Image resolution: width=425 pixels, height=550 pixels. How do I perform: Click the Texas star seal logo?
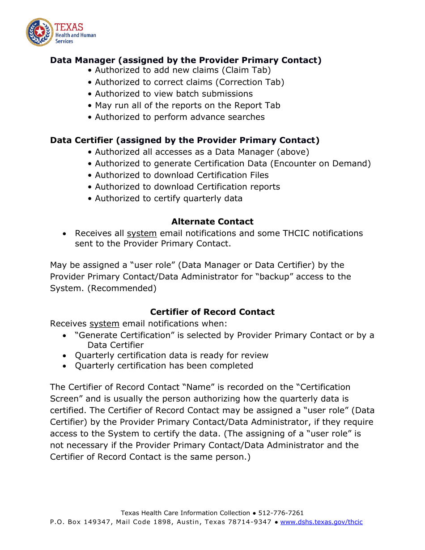(39, 32)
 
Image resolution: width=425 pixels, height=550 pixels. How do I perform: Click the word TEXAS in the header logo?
(69, 27)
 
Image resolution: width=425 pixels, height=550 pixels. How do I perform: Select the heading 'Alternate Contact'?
(212, 222)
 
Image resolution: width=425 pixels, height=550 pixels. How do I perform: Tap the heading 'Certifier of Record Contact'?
(212, 312)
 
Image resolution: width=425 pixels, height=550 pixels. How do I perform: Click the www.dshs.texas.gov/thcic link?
(321, 522)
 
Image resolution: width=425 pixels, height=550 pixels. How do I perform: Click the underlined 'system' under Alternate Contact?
(142, 233)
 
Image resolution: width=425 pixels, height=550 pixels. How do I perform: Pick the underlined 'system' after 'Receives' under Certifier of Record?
(104, 324)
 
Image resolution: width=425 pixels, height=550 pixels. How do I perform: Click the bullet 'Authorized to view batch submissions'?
(174, 94)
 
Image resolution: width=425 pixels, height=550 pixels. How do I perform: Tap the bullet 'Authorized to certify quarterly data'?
(168, 199)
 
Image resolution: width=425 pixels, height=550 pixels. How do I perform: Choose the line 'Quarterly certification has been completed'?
(164, 366)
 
